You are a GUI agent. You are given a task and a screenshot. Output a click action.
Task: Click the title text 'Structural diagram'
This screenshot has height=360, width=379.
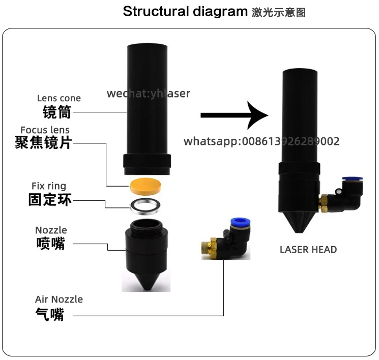(185, 11)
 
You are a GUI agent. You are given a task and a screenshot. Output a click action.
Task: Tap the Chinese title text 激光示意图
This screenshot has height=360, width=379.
(279, 13)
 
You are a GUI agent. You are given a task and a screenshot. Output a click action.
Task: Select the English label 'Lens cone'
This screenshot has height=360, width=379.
(59, 98)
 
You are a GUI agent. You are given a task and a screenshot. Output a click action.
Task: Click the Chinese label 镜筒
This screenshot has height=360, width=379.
(56, 112)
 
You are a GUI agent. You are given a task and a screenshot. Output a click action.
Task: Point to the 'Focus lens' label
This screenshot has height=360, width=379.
(45, 130)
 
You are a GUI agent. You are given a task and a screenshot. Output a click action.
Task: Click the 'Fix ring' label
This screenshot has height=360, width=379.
(49, 186)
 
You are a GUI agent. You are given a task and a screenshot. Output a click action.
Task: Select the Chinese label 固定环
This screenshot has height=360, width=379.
(50, 200)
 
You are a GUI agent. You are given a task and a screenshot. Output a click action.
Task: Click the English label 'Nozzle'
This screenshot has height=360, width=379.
(51, 230)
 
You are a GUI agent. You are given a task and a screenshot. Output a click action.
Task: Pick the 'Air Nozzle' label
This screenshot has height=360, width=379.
(59, 299)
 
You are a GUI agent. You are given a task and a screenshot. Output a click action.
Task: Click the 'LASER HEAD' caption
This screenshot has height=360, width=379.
(308, 250)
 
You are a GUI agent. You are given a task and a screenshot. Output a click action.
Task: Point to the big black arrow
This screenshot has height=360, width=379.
(234, 115)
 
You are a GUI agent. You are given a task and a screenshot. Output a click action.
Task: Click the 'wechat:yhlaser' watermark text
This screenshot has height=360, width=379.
(148, 94)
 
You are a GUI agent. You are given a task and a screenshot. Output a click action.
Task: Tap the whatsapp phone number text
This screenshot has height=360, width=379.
(261, 141)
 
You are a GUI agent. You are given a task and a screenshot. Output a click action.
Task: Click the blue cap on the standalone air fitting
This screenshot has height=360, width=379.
(238, 222)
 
